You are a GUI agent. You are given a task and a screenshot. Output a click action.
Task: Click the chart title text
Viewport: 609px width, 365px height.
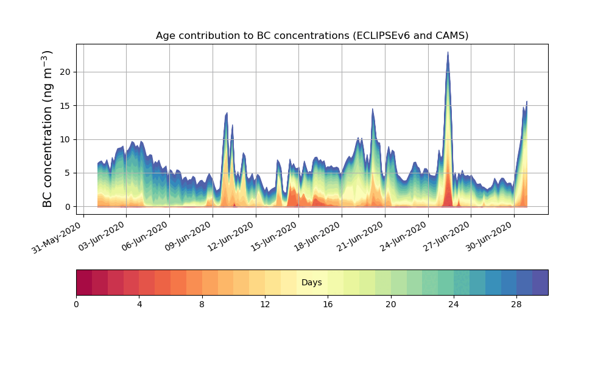[x=312, y=35]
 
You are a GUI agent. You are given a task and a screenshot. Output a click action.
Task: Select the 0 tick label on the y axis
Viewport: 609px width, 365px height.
[x=68, y=207]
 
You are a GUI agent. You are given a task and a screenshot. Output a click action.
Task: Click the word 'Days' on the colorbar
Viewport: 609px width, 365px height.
[x=312, y=283]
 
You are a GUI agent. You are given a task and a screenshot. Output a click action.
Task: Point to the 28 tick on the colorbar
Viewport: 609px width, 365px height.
[x=516, y=304]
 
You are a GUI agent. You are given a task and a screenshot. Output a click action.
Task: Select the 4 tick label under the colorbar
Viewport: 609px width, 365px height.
[x=139, y=304]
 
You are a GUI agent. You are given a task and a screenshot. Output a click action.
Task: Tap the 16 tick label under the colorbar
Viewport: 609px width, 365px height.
[x=328, y=304]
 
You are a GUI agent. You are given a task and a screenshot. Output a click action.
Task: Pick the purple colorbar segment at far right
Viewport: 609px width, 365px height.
[x=540, y=282]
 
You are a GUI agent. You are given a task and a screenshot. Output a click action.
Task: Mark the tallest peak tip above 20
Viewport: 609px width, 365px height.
[x=448, y=52]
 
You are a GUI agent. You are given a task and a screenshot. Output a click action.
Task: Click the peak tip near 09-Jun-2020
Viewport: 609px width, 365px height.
[x=227, y=113]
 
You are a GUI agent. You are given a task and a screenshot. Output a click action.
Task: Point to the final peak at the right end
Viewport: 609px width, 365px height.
[x=527, y=102]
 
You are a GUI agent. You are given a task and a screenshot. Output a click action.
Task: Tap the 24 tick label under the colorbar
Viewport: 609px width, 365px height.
[x=454, y=304]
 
